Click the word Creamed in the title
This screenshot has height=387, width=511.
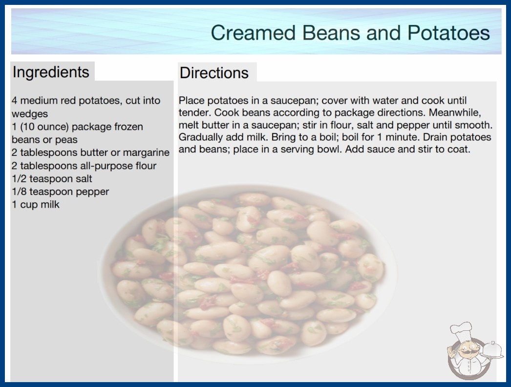pos(253,33)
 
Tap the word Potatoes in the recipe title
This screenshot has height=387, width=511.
pos(448,33)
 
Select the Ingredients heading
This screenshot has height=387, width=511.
pos(51,72)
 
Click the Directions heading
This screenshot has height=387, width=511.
pos(214,73)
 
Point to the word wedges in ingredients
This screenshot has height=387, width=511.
pos(30,114)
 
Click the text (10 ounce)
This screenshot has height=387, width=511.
pos(44,127)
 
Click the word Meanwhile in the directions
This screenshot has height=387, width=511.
pos(455,113)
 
